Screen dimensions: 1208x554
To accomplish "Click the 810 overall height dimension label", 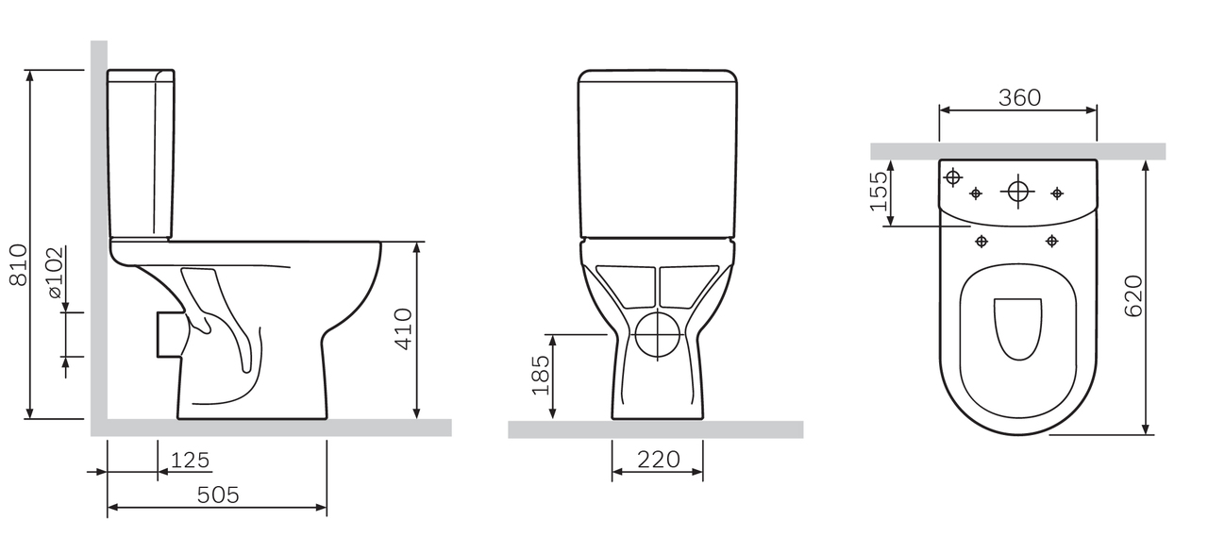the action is [19, 265].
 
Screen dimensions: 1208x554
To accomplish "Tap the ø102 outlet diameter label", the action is [56, 273].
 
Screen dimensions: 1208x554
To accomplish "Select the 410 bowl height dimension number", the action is [404, 329].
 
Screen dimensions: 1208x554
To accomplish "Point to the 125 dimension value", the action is [190, 461].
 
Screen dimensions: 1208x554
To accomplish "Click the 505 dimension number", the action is [218, 495].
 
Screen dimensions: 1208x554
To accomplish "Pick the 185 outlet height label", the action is [541, 375].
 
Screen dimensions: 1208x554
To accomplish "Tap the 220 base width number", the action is [659, 460].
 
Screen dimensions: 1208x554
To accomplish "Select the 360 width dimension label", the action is [1019, 97].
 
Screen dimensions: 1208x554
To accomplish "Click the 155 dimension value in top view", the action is [879, 191].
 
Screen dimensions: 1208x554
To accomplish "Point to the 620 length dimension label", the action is [1133, 296].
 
